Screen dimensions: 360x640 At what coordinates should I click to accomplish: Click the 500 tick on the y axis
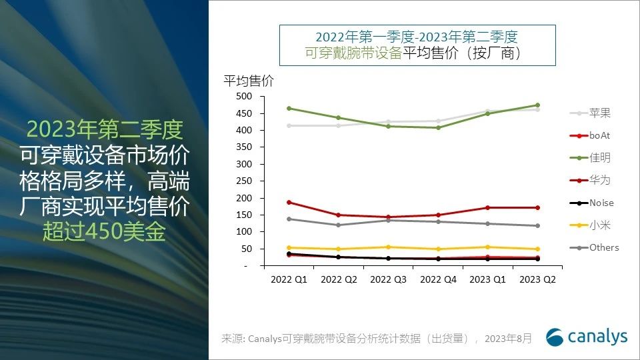pyautogui.click(x=244, y=97)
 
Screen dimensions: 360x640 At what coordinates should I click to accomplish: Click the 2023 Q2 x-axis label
pyautogui.click(x=537, y=280)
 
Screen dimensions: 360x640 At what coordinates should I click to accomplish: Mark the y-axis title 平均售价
pyautogui.click(x=248, y=81)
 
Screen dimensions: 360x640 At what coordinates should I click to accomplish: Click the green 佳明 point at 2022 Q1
pyautogui.click(x=289, y=108)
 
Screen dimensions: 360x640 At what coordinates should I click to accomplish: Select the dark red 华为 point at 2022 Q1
pyautogui.click(x=289, y=202)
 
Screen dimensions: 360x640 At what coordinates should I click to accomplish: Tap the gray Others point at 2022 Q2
pyautogui.click(x=338, y=225)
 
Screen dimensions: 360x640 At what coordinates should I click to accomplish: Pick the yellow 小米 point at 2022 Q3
pyautogui.click(x=388, y=247)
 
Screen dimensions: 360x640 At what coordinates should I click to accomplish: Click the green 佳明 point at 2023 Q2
pyautogui.click(x=537, y=105)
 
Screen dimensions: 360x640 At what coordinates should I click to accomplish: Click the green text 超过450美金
pyautogui.click(x=105, y=231)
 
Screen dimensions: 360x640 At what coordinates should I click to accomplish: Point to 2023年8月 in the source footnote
pyautogui.click(x=508, y=339)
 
